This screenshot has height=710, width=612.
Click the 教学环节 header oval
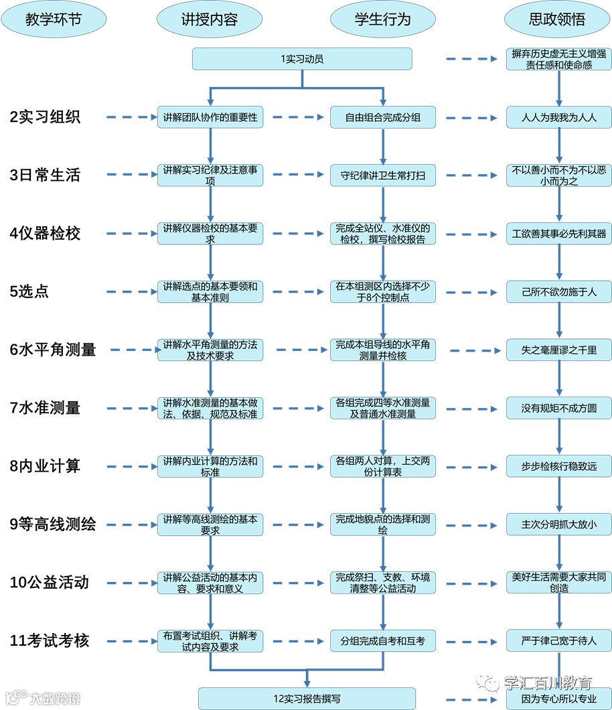54,19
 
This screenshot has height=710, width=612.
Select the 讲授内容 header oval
210,19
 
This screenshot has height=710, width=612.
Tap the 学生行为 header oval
383,19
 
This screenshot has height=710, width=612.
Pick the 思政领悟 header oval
557,19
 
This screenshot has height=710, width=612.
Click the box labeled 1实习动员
302,59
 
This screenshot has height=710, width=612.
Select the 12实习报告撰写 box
307,699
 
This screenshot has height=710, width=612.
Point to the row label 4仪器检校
45,234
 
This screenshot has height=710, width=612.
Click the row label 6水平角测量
53,350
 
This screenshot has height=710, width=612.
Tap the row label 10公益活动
49,582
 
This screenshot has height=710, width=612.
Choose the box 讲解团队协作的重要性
210,117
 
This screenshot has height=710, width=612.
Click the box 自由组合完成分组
383,117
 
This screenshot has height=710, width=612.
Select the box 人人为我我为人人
559,117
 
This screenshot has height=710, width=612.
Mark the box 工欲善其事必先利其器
559,234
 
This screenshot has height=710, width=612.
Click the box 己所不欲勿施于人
559,292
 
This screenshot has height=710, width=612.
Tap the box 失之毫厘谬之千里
559,350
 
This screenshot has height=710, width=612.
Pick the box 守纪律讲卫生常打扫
383,175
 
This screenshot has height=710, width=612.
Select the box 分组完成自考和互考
383,641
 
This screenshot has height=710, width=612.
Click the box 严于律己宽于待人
559,641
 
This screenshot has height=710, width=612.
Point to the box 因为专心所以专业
559,699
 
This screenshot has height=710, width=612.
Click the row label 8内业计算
45,466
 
